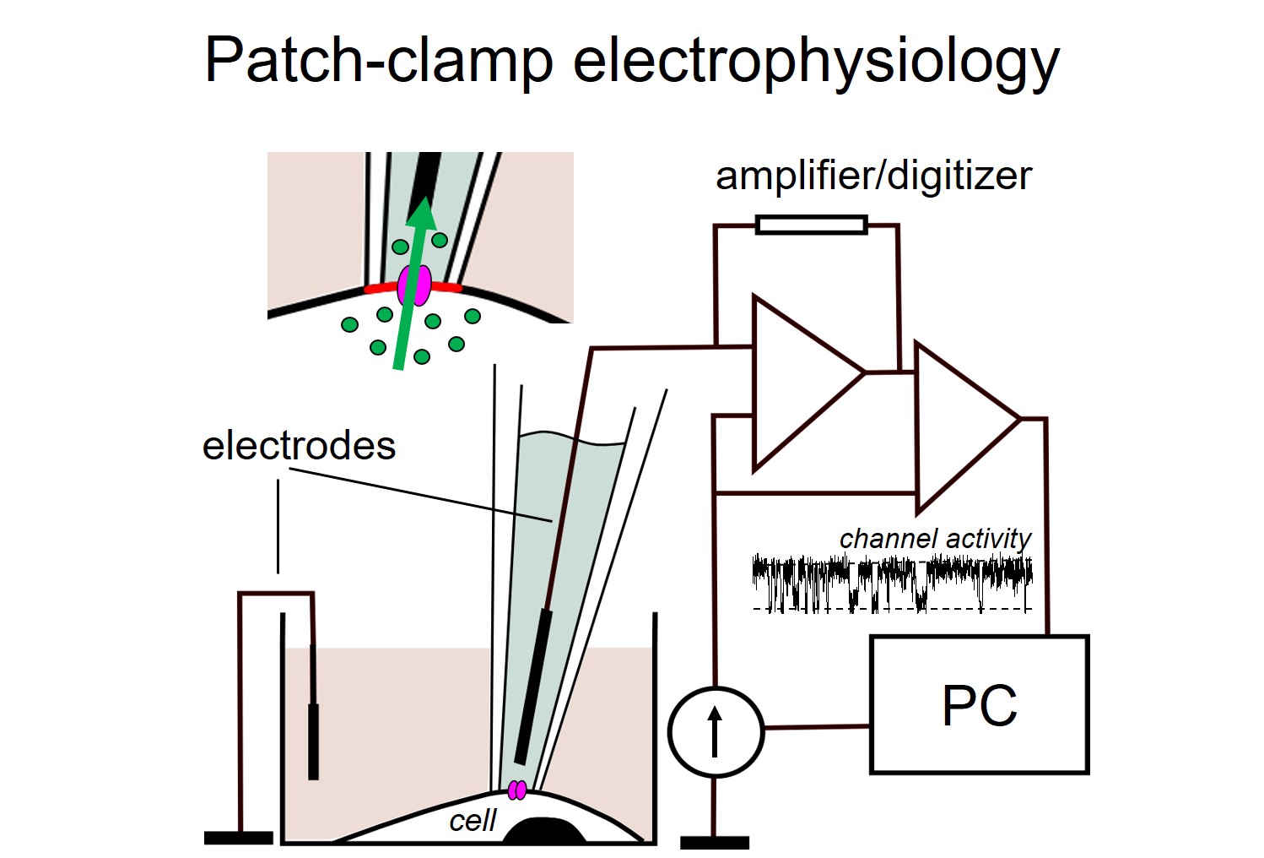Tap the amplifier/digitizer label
(873, 176)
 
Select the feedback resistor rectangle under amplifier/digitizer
(811, 225)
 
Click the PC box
(979, 704)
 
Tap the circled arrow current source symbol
(716, 731)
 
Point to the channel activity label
(935, 538)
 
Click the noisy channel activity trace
(891, 582)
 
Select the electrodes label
(299, 445)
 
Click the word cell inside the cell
(473, 820)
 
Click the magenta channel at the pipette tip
(517, 790)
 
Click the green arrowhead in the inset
(421, 215)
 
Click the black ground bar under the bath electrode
(239, 838)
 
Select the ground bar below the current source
(715, 842)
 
